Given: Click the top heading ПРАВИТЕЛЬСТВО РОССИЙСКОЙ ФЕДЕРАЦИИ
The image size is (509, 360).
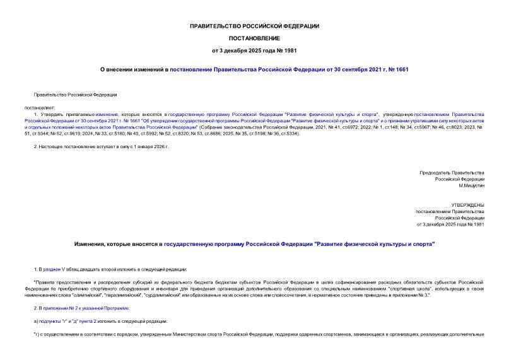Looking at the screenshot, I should click(254, 26).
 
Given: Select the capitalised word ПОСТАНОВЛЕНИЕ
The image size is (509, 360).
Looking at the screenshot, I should click(254, 38).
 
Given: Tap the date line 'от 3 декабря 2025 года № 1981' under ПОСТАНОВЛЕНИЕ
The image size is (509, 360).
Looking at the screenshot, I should click(254, 50).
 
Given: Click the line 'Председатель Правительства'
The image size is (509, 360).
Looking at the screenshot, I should click(452, 172).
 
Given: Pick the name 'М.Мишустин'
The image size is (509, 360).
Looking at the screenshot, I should click(471, 185).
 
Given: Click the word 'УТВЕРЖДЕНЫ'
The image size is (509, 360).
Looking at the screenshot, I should click(467, 205).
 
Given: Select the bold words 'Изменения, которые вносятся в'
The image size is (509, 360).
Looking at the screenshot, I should click(118, 243).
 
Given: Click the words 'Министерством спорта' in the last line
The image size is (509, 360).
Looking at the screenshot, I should click(203, 334).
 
